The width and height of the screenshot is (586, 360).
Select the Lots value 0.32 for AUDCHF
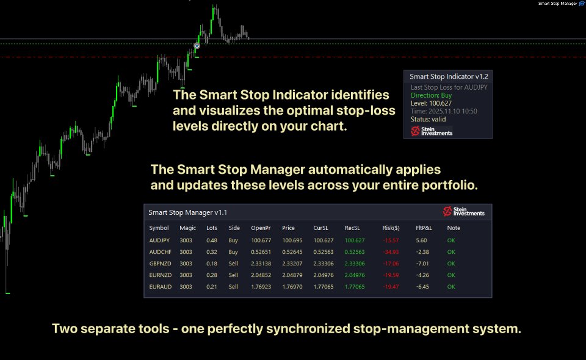(x=212, y=252)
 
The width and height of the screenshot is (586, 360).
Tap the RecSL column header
(x=352, y=228)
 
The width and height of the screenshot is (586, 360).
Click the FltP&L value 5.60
(x=421, y=240)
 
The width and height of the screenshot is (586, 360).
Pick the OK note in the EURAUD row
(x=451, y=287)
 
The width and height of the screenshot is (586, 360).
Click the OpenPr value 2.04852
(x=261, y=275)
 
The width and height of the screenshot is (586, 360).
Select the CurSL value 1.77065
(x=323, y=287)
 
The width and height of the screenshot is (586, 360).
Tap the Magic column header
(x=188, y=228)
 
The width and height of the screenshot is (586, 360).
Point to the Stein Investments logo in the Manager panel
(x=463, y=212)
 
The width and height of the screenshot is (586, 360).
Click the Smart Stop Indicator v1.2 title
(x=449, y=77)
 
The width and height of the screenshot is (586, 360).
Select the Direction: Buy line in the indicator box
(x=432, y=95)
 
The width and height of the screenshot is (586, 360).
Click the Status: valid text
(x=429, y=120)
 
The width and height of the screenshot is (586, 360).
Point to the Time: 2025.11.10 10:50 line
(x=444, y=111)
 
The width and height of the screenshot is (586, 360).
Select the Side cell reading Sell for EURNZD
(x=233, y=275)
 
